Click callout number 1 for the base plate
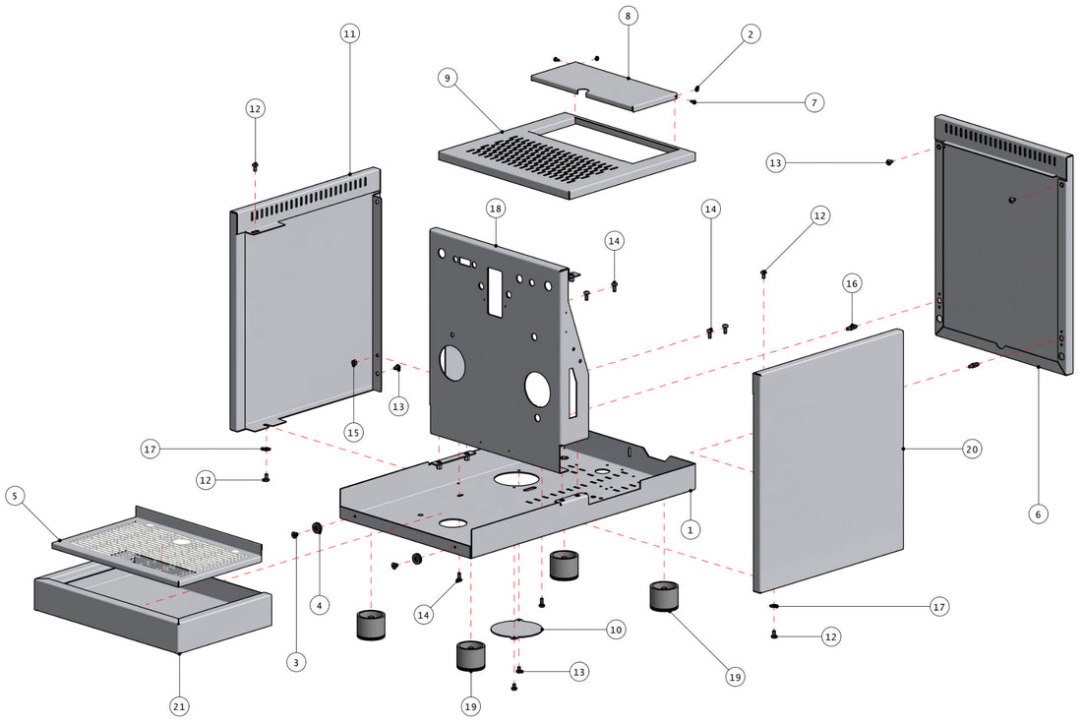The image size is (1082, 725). (691, 529)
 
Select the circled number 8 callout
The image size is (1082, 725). (629, 16)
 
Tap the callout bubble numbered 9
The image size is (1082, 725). (448, 79)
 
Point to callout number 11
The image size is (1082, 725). (349, 33)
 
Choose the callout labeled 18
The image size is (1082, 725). (495, 209)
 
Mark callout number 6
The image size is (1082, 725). (1039, 513)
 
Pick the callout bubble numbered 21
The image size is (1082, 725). (180, 705)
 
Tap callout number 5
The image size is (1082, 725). (15, 496)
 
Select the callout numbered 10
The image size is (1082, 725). (616, 629)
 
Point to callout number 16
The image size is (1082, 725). (852, 283)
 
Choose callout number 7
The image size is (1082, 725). (812, 101)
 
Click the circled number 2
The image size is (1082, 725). (750, 34)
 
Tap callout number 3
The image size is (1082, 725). (296, 662)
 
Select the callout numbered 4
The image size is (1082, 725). (319, 606)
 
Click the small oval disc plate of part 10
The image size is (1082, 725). (517, 628)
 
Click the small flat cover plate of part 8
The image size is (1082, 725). (604, 88)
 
